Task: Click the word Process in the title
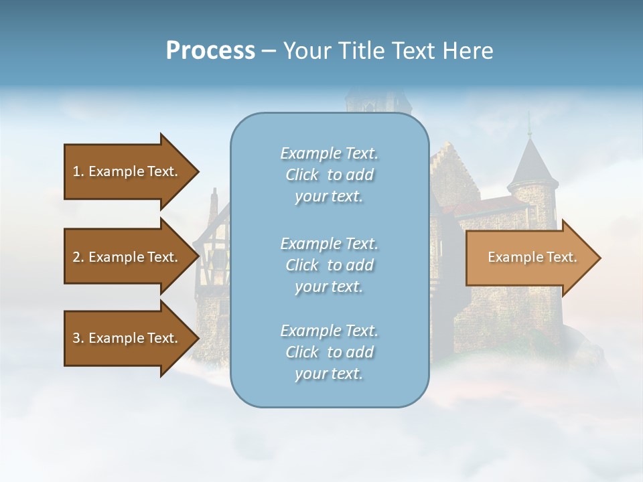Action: [x=210, y=51]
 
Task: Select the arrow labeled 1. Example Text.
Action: [x=127, y=171]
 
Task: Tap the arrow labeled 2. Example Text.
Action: [x=127, y=257]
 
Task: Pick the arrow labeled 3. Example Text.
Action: [x=127, y=338]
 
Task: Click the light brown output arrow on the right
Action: [x=529, y=258]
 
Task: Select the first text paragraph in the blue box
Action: [x=329, y=175]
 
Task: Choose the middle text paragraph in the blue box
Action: [x=329, y=265]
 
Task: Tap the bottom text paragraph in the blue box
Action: [x=329, y=352]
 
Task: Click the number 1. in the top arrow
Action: [x=78, y=171]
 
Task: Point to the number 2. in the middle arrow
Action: [x=78, y=257]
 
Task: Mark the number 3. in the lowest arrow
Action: [x=78, y=338]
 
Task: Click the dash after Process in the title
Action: [x=269, y=52]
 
